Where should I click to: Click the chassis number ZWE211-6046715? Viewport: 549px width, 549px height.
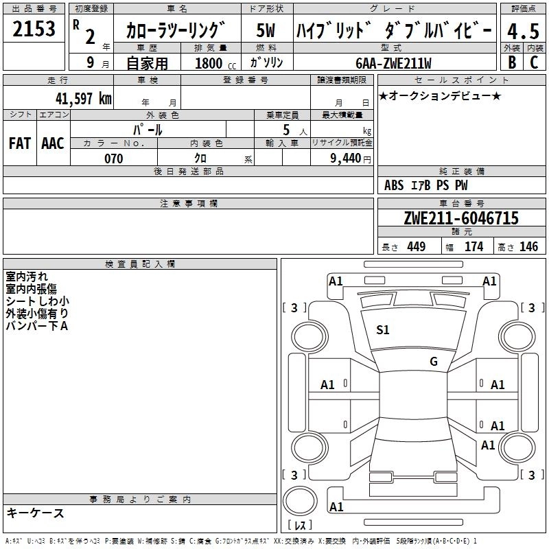tap(461, 219)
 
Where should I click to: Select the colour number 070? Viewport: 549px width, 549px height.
tap(114, 159)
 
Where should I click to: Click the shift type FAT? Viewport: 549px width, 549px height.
tap(19, 143)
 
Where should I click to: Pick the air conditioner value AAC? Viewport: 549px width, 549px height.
tap(53, 143)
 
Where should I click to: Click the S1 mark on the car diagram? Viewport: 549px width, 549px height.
tap(382, 330)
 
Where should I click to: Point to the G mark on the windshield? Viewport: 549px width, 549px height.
tap(434, 361)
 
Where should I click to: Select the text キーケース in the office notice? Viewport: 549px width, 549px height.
tap(35, 513)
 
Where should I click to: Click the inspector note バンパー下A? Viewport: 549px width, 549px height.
tap(36, 326)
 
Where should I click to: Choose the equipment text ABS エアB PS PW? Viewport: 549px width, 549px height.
tap(425, 185)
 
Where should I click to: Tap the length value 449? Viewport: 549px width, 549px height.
tap(416, 247)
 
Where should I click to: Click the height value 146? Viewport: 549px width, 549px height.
tap(529, 247)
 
